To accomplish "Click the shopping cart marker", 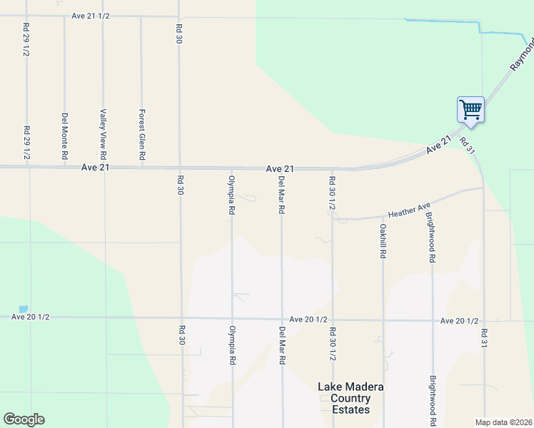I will coord(470,110).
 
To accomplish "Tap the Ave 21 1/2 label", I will coord(91,16).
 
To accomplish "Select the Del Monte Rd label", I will coord(64,136).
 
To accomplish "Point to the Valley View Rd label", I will coord(104,133).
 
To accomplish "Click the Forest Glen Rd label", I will coord(142,133).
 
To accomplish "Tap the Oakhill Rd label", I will coord(383,240).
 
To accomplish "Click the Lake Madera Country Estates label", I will coord(351,398).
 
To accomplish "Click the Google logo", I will coord(24,419).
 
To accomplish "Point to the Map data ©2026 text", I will coord(503,422).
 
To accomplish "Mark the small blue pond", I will coord(24,309).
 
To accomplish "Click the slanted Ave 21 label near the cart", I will coord(439,145).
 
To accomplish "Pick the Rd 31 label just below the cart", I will coord(468,144).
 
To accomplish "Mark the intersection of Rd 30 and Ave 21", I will coord(179,168).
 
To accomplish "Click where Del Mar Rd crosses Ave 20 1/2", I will coord(282,319).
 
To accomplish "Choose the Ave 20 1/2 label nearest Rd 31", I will coord(459,321).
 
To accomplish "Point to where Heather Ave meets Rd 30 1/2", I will coord(333,218).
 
